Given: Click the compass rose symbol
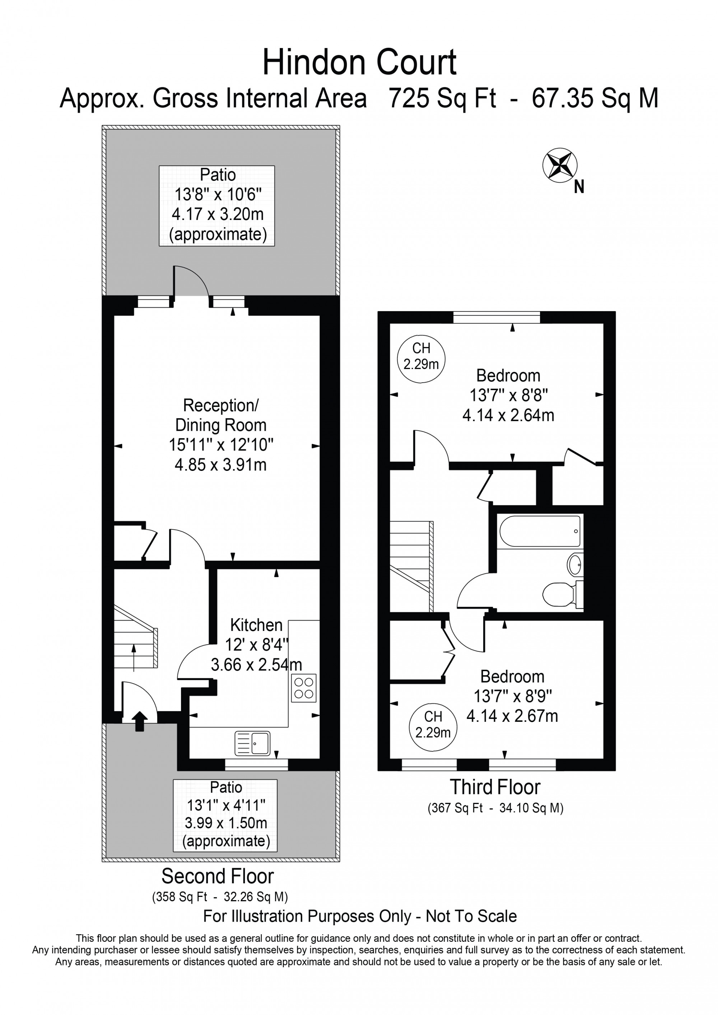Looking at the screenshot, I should pos(560,165).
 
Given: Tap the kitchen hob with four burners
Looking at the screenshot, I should pos(304,688).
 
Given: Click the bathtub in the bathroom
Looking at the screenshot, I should pos(540,531).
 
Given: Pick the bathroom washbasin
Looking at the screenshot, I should pos(575,565).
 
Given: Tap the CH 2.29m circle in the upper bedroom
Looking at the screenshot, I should pos(421,359).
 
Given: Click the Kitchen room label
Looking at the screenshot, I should pos(256,625).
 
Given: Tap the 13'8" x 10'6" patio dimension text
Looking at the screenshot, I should pos(218,194).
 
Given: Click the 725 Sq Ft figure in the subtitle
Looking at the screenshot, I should pos(442,98).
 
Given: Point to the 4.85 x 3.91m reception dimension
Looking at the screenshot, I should pos(221,465).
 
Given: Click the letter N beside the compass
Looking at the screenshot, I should pos(579,187).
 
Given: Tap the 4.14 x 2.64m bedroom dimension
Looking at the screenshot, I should pos(508,415).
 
